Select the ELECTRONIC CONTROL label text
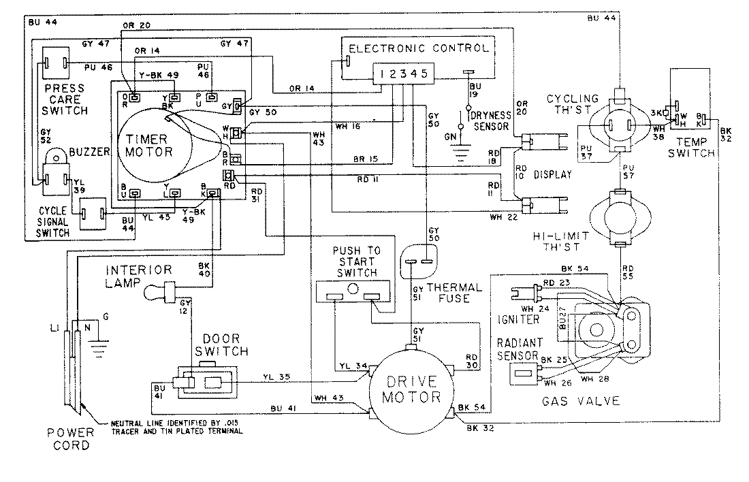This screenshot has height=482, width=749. tap(418, 48)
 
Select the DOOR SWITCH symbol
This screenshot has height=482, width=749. tap(206, 383)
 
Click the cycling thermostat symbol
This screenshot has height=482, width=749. tap(620, 125)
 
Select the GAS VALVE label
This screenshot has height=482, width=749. tap(581, 401)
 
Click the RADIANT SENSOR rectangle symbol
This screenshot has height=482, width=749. tap(524, 374)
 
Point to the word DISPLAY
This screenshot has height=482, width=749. tap(552, 174)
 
